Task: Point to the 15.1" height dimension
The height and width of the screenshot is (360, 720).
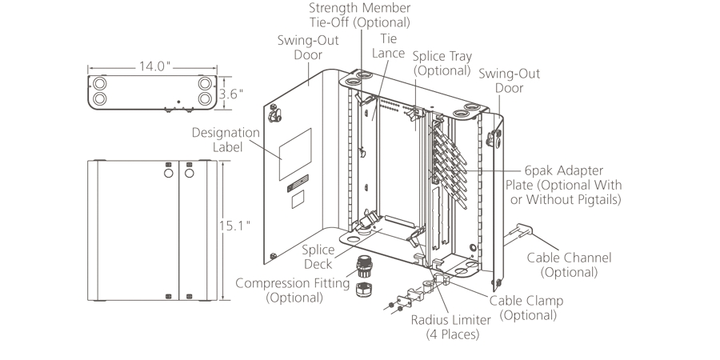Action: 235,226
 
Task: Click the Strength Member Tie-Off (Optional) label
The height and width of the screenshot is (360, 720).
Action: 359,15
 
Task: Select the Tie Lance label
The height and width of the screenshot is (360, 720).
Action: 389,46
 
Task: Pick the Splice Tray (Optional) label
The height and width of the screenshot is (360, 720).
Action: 442,63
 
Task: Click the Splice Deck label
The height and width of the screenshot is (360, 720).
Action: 318,257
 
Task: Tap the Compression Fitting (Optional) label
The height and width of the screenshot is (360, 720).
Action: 293,290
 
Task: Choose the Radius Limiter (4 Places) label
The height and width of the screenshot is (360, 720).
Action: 451,326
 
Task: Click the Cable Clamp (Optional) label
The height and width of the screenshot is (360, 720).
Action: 526,307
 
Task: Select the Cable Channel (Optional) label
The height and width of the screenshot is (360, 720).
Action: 569,265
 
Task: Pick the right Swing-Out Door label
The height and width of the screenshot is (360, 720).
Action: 510,81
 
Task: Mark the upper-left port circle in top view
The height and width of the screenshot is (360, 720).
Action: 100,82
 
